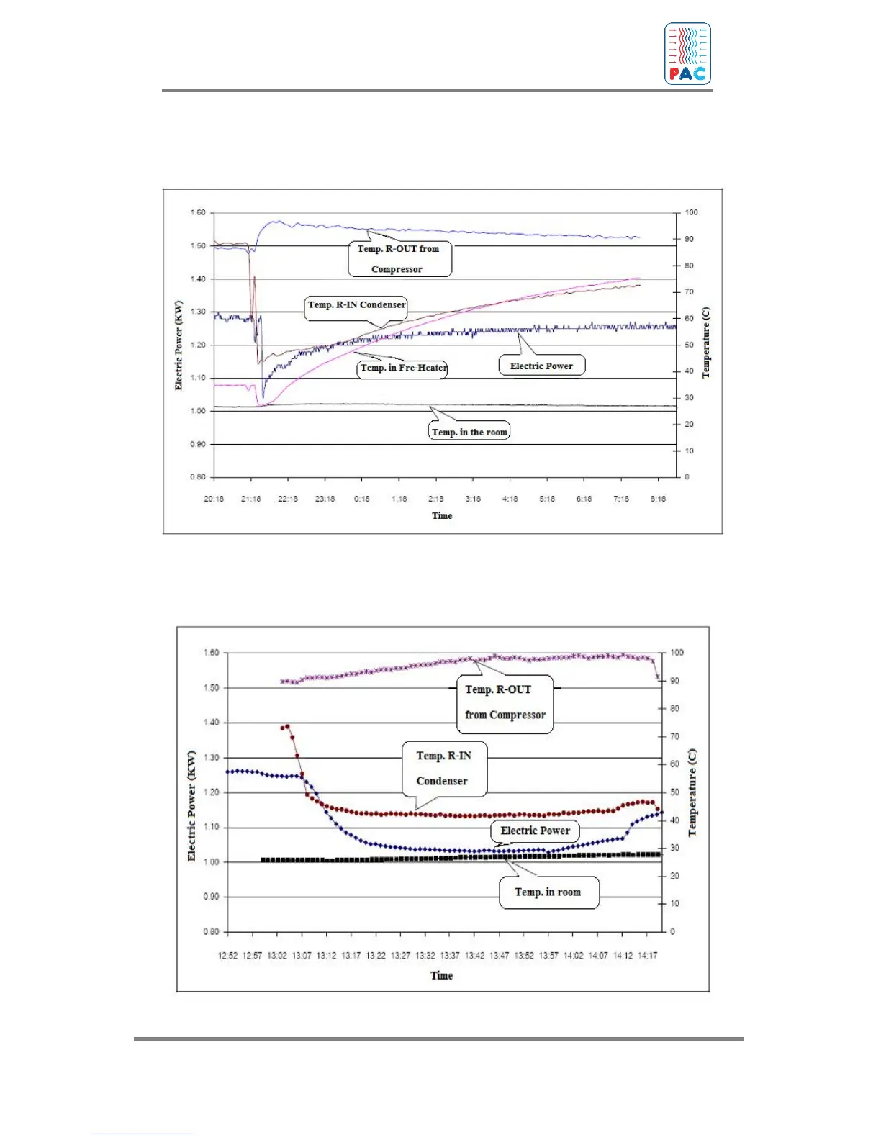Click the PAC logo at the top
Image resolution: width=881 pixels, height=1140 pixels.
click(687, 54)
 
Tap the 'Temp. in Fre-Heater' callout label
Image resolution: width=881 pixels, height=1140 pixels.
click(403, 368)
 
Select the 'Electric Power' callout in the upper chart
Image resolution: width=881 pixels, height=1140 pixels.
click(542, 366)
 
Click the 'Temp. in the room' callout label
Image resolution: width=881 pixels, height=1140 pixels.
click(469, 432)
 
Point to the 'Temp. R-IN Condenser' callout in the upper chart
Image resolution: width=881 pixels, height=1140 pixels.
click(356, 305)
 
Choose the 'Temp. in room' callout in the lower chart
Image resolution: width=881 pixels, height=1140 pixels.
click(548, 892)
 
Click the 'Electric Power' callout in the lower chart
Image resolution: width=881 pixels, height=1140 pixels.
click(535, 831)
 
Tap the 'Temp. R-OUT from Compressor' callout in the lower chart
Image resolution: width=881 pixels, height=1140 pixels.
click(505, 702)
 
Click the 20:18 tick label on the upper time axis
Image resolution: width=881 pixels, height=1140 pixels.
click(214, 499)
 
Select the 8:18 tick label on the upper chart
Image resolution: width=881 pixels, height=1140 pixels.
click(658, 499)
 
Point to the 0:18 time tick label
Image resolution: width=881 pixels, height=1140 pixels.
click(362, 499)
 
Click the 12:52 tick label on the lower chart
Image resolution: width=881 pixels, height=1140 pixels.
click(227, 956)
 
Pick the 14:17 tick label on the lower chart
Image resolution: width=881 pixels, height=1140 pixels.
click(648, 956)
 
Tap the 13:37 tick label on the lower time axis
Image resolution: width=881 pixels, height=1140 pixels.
click(450, 956)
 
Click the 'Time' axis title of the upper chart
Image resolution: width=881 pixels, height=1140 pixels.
click(442, 516)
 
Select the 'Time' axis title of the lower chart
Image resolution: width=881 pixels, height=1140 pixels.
click(442, 976)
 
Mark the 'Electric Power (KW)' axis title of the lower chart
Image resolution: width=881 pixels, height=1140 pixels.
click(191, 806)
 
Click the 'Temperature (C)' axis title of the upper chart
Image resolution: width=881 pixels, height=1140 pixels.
click(706, 343)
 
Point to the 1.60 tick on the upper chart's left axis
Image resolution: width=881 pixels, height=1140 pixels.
click(198, 213)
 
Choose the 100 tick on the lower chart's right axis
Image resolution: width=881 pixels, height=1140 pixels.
click(677, 653)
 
